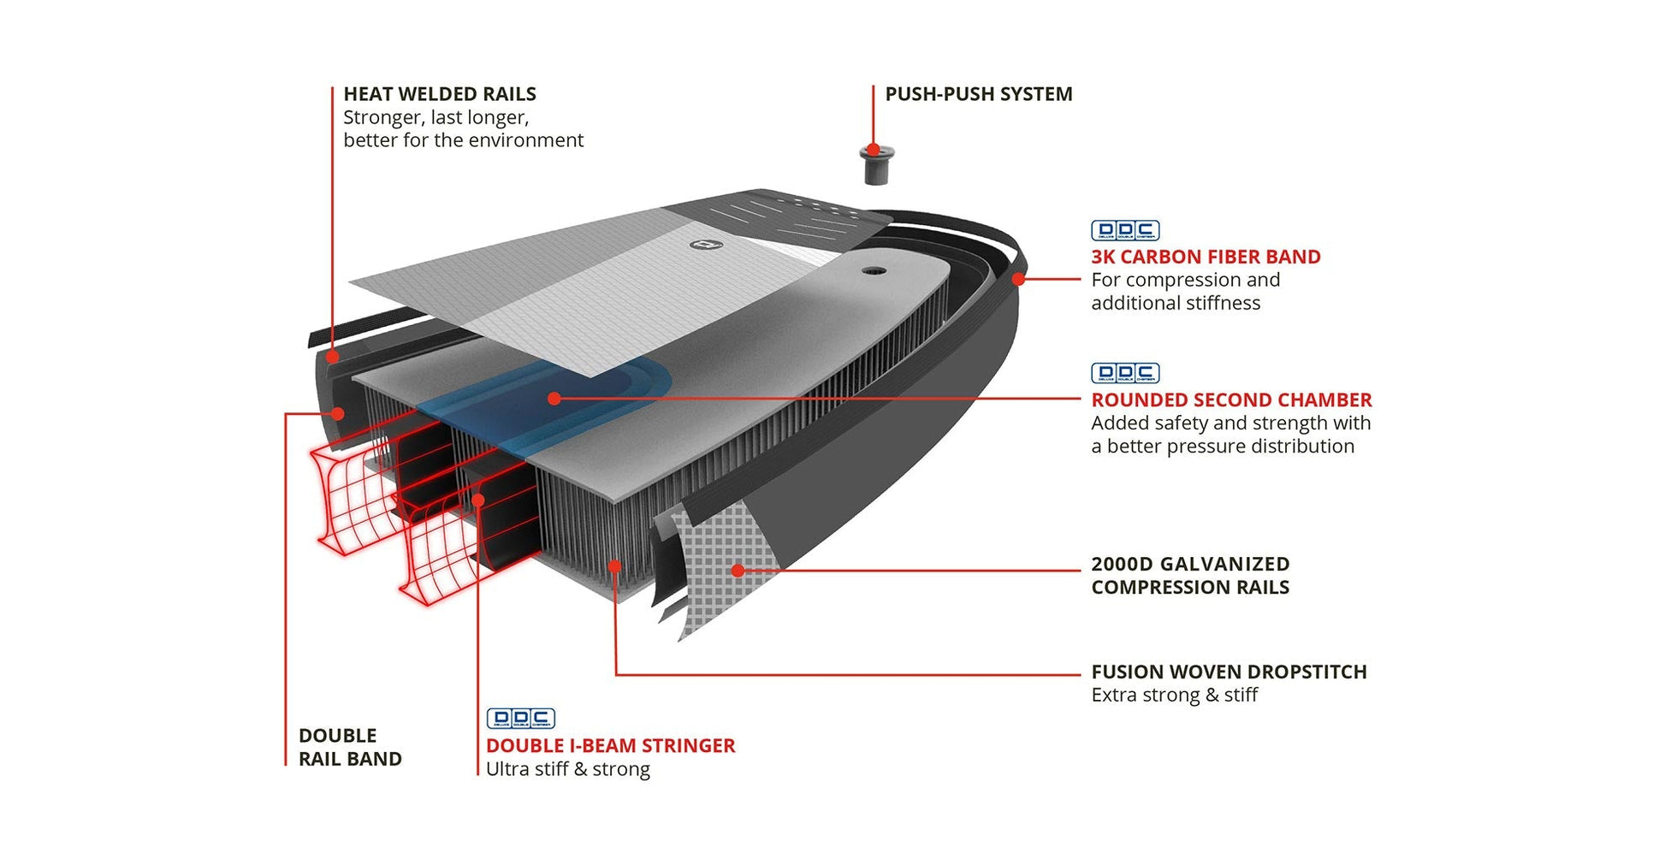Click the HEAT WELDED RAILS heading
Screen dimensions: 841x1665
(439, 94)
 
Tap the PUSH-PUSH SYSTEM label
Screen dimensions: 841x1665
(978, 94)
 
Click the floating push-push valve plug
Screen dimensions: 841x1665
(875, 164)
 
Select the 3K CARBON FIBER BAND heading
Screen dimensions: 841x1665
(1205, 257)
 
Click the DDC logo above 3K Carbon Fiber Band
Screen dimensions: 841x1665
(1124, 230)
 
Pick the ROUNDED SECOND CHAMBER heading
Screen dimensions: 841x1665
(1230, 400)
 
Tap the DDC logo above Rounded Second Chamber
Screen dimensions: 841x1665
(1124, 373)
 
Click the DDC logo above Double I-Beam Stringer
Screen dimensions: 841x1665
(520, 719)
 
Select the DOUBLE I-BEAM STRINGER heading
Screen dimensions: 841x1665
(610, 746)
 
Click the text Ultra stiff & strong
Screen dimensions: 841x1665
(567, 769)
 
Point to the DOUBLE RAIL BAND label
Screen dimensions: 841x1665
(349, 747)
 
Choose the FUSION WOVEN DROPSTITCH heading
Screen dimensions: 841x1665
(1228, 672)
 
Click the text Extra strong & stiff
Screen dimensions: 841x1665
(1174, 695)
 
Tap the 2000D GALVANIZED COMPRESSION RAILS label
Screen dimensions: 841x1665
(1189, 576)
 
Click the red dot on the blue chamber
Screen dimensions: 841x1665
(554, 399)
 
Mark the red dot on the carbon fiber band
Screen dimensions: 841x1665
(1018, 279)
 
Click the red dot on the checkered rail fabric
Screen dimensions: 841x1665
(738, 570)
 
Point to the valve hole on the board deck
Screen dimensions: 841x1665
(873, 270)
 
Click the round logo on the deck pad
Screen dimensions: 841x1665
(706, 246)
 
